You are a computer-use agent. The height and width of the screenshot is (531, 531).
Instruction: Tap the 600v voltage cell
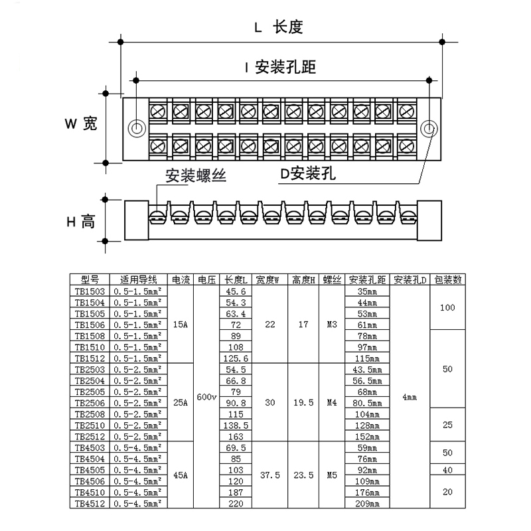click(207, 397)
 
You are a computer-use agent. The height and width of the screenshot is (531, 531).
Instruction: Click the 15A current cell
click(179, 325)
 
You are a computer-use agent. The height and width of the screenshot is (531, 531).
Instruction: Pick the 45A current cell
click(179, 475)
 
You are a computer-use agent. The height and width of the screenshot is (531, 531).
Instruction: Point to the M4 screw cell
click(332, 402)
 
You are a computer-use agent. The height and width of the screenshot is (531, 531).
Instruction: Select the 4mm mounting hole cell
click(410, 397)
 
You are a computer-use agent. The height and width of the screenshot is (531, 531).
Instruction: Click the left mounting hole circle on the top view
click(137, 128)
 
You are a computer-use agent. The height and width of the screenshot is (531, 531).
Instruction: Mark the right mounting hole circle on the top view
click(429, 128)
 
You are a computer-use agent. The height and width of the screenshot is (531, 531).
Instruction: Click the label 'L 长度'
click(279, 27)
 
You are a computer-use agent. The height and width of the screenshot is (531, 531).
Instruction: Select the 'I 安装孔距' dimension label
click(279, 67)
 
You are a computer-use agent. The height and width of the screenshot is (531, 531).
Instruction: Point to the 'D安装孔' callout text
click(307, 175)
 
